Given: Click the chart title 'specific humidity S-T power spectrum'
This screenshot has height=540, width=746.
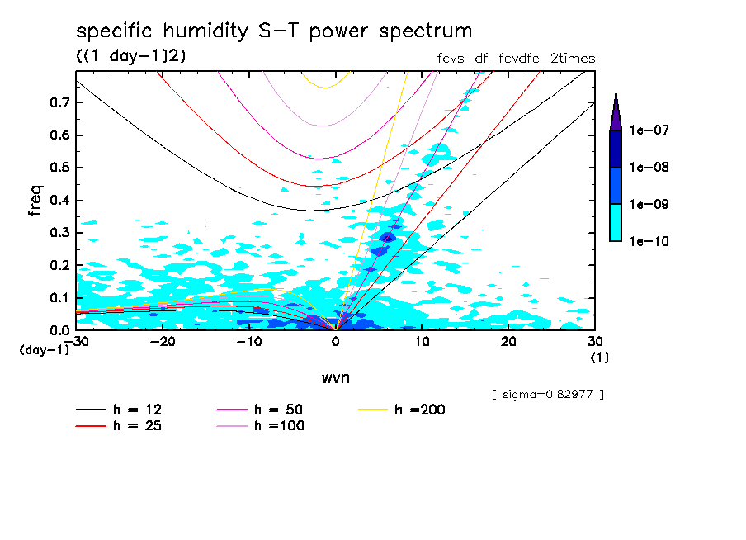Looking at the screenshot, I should (274, 31).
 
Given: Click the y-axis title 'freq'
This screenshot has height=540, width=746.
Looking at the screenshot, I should (35, 201).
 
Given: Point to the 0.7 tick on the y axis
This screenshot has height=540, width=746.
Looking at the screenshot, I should (60, 102).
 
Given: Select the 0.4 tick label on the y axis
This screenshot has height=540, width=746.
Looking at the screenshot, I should (60, 200).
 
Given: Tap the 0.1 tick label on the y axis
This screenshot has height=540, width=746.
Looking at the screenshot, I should (60, 297).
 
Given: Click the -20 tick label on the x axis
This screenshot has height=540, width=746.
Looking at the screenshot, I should (163, 342).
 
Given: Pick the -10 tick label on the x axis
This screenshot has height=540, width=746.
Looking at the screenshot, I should (248, 342).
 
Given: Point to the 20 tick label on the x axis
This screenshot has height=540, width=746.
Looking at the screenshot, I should (508, 342).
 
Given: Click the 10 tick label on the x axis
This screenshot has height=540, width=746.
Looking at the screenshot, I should (422, 342).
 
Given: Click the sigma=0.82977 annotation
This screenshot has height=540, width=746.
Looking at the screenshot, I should (547, 395).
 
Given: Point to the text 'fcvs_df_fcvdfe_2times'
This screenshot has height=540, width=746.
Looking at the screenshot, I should (516, 59).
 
